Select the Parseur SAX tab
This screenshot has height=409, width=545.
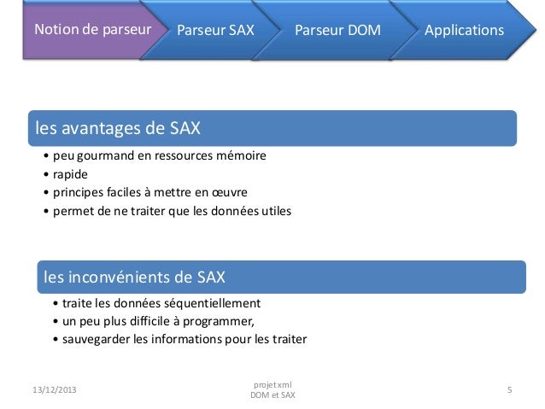click(217, 31)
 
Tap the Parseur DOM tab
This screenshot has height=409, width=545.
click(337, 31)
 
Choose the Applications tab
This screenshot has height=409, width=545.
click(464, 31)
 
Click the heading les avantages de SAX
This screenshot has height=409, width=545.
click(118, 129)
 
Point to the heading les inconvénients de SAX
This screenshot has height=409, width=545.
click(134, 277)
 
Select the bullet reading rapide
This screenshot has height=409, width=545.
click(70, 174)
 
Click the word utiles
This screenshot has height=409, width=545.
click(273, 209)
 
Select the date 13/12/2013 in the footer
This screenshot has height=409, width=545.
click(49, 390)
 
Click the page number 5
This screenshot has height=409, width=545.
click(509, 390)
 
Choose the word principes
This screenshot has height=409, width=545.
click(79, 191)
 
